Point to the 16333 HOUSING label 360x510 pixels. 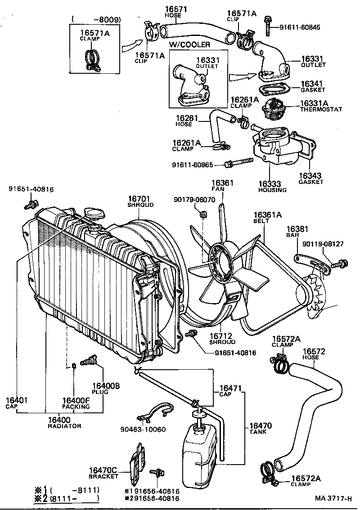pos(272,187)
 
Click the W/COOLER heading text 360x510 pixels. pos(189,45)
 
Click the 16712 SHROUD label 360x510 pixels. pos(222,339)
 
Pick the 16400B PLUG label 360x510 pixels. pos(106,388)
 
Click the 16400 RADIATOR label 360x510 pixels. pos(64,422)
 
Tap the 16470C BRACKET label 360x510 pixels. pos(103,473)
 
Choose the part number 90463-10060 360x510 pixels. pos(144,429)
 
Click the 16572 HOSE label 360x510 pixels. pos(314,354)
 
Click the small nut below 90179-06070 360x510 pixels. pos(202,217)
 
